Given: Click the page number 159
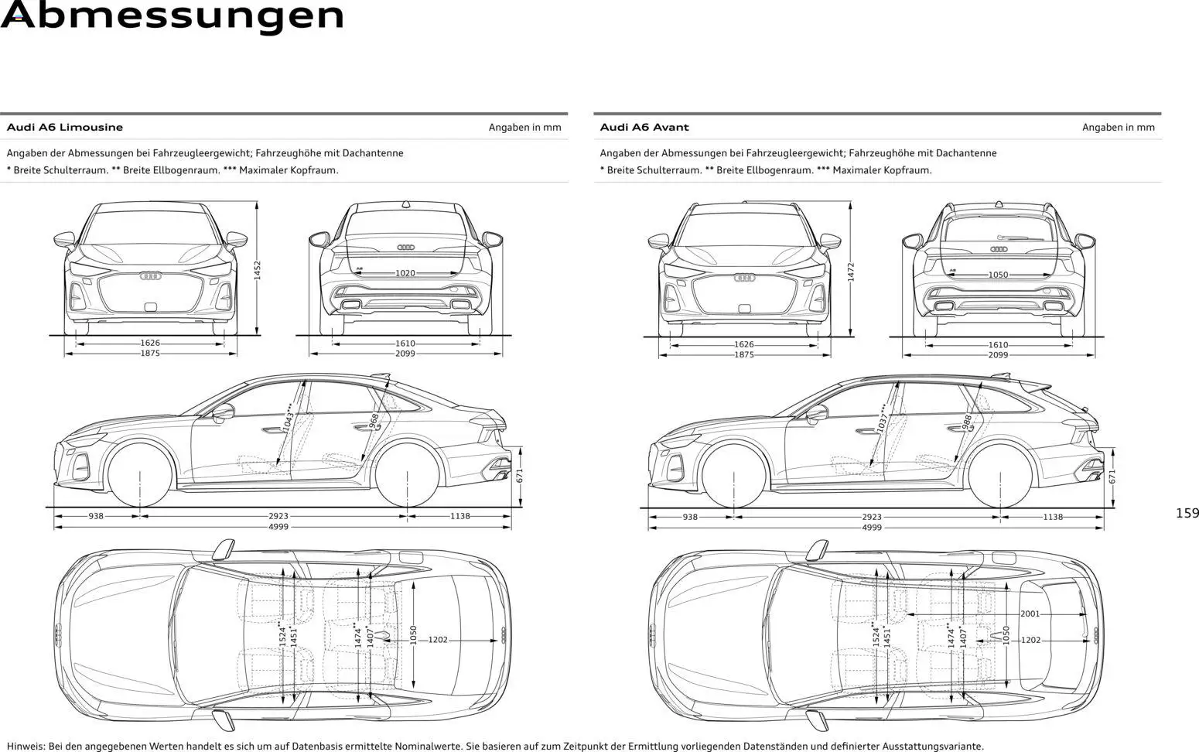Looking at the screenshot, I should (x=1187, y=513).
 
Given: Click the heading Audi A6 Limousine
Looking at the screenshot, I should (x=64, y=128).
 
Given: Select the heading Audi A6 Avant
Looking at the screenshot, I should (x=644, y=128).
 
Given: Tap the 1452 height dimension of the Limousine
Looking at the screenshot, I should (x=258, y=270).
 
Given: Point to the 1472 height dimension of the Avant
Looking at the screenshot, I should (x=851, y=272).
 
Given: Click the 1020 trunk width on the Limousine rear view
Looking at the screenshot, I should (x=405, y=273).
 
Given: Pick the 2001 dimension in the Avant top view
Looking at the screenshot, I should (x=1030, y=614).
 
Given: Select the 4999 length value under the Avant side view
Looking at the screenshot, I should (x=871, y=528).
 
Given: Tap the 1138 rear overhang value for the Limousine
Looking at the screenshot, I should (x=459, y=516).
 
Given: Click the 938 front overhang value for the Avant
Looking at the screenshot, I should (x=689, y=517).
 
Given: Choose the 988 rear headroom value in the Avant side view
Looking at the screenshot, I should (x=967, y=422).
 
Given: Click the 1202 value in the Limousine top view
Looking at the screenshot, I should (x=438, y=640).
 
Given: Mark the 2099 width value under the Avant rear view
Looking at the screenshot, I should (x=998, y=355).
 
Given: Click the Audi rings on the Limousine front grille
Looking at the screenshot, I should (x=150, y=276).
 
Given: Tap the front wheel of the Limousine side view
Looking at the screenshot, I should (x=140, y=473).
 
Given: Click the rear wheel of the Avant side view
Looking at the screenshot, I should (x=1001, y=474).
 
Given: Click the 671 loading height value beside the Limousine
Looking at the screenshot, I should (x=520, y=476).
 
